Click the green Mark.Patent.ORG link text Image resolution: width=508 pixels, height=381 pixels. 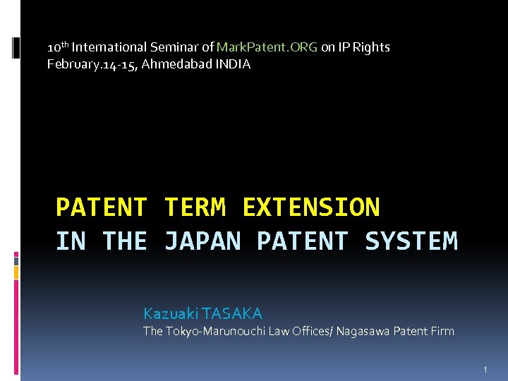click(x=267, y=47)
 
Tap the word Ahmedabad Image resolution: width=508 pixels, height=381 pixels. click(x=175, y=64)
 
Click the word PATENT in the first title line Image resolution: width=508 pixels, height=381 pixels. click(x=102, y=207)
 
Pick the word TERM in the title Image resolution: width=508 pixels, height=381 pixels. click(x=195, y=207)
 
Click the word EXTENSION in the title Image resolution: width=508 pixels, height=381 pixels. click(x=311, y=207)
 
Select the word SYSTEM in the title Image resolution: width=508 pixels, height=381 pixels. click(x=411, y=241)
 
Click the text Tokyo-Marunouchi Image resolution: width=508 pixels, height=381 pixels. click(x=206, y=331)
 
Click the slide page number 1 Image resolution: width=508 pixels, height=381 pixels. click(x=485, y=370)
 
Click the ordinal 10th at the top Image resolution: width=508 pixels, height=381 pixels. click(x=58, y=47)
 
